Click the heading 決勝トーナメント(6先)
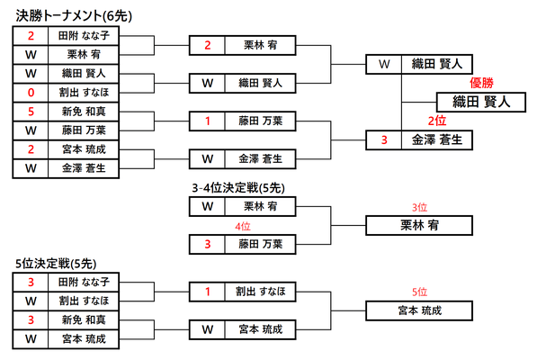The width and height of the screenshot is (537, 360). [x=74, y=16]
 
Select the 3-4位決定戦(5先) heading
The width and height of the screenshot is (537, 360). [x=238, y=188]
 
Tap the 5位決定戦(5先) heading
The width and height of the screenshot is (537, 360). [x=56, y=264]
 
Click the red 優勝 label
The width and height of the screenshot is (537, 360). [x=481, y=83]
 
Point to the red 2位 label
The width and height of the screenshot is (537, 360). [x=437, y=121]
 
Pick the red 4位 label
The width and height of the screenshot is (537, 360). [x=243, y=226]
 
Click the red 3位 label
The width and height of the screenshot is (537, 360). [x=419, y=207]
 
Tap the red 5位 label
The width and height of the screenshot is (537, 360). [x=419, y=292]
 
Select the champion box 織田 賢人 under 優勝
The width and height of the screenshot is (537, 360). [x=481, y=102]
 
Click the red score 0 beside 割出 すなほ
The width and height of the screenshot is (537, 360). [x=31, y=93]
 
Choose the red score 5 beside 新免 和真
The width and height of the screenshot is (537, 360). [x=31, y=112]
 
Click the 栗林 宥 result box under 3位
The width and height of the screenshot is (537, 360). [x=419, y=225]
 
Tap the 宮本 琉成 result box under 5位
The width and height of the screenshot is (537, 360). [x=419, y=310]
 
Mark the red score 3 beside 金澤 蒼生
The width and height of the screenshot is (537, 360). [x=384, y=139]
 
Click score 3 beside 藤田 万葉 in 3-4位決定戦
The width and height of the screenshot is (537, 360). [x=208, y=244]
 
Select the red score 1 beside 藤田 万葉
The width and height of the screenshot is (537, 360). [x=208, y=121]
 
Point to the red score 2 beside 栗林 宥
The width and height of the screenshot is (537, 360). [x=208, y=45]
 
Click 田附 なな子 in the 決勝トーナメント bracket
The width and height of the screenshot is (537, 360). [x=84, y=36]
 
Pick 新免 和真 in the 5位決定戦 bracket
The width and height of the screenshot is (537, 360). [x=84, y=319]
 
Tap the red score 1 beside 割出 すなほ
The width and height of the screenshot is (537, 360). [x=208, y=292]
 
